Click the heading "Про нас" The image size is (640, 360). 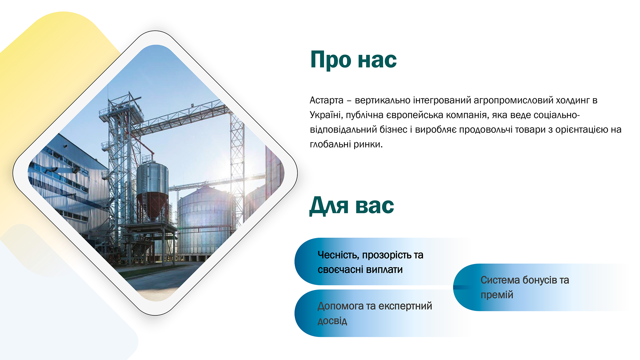pyautogui.click(x=353, y=60)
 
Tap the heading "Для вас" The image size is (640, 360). pyautogui.click(x=352, y=206)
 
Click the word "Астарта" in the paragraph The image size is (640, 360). pyautogui.click(x=326, y=100)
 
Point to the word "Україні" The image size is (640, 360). pyautogui.click(x=325, y=115)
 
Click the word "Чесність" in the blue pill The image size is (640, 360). pyautogui.click(x=338, y=255)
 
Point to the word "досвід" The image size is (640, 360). pyautogui.click(x=332, y=321)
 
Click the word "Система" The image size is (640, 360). pyautogui.click(x=500, y=280)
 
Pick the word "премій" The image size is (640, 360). pyautogui.click(x=497, y=295)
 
